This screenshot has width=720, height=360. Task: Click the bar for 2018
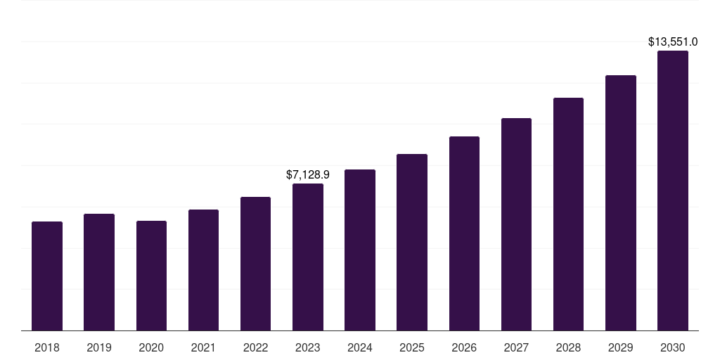(47, 276)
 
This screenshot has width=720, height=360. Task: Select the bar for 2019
(99, 272)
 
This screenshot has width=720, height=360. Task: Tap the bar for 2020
(151, 276)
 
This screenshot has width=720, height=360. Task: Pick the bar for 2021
(203, 270)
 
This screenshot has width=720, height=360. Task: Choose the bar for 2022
(255, 264)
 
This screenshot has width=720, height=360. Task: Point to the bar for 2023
(308, 257)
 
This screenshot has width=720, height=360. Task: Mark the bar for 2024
(360, 250)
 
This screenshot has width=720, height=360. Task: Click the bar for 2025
(412, 243)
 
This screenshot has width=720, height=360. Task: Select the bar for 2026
(464, 233)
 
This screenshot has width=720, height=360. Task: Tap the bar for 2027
(516, 224)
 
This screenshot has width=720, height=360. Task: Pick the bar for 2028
(568, 214)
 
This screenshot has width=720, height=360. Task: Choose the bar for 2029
(620, 203)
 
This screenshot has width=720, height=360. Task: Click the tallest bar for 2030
(673, 191)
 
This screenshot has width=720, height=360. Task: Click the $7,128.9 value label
(308, 174)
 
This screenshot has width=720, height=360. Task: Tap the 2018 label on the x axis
(47, 347)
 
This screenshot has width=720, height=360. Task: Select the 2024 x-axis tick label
(360, 347)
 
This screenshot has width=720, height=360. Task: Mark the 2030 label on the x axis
(673, 347)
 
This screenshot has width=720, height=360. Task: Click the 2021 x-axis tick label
(203, 347)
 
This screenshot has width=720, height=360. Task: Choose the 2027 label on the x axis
(516, 347)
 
